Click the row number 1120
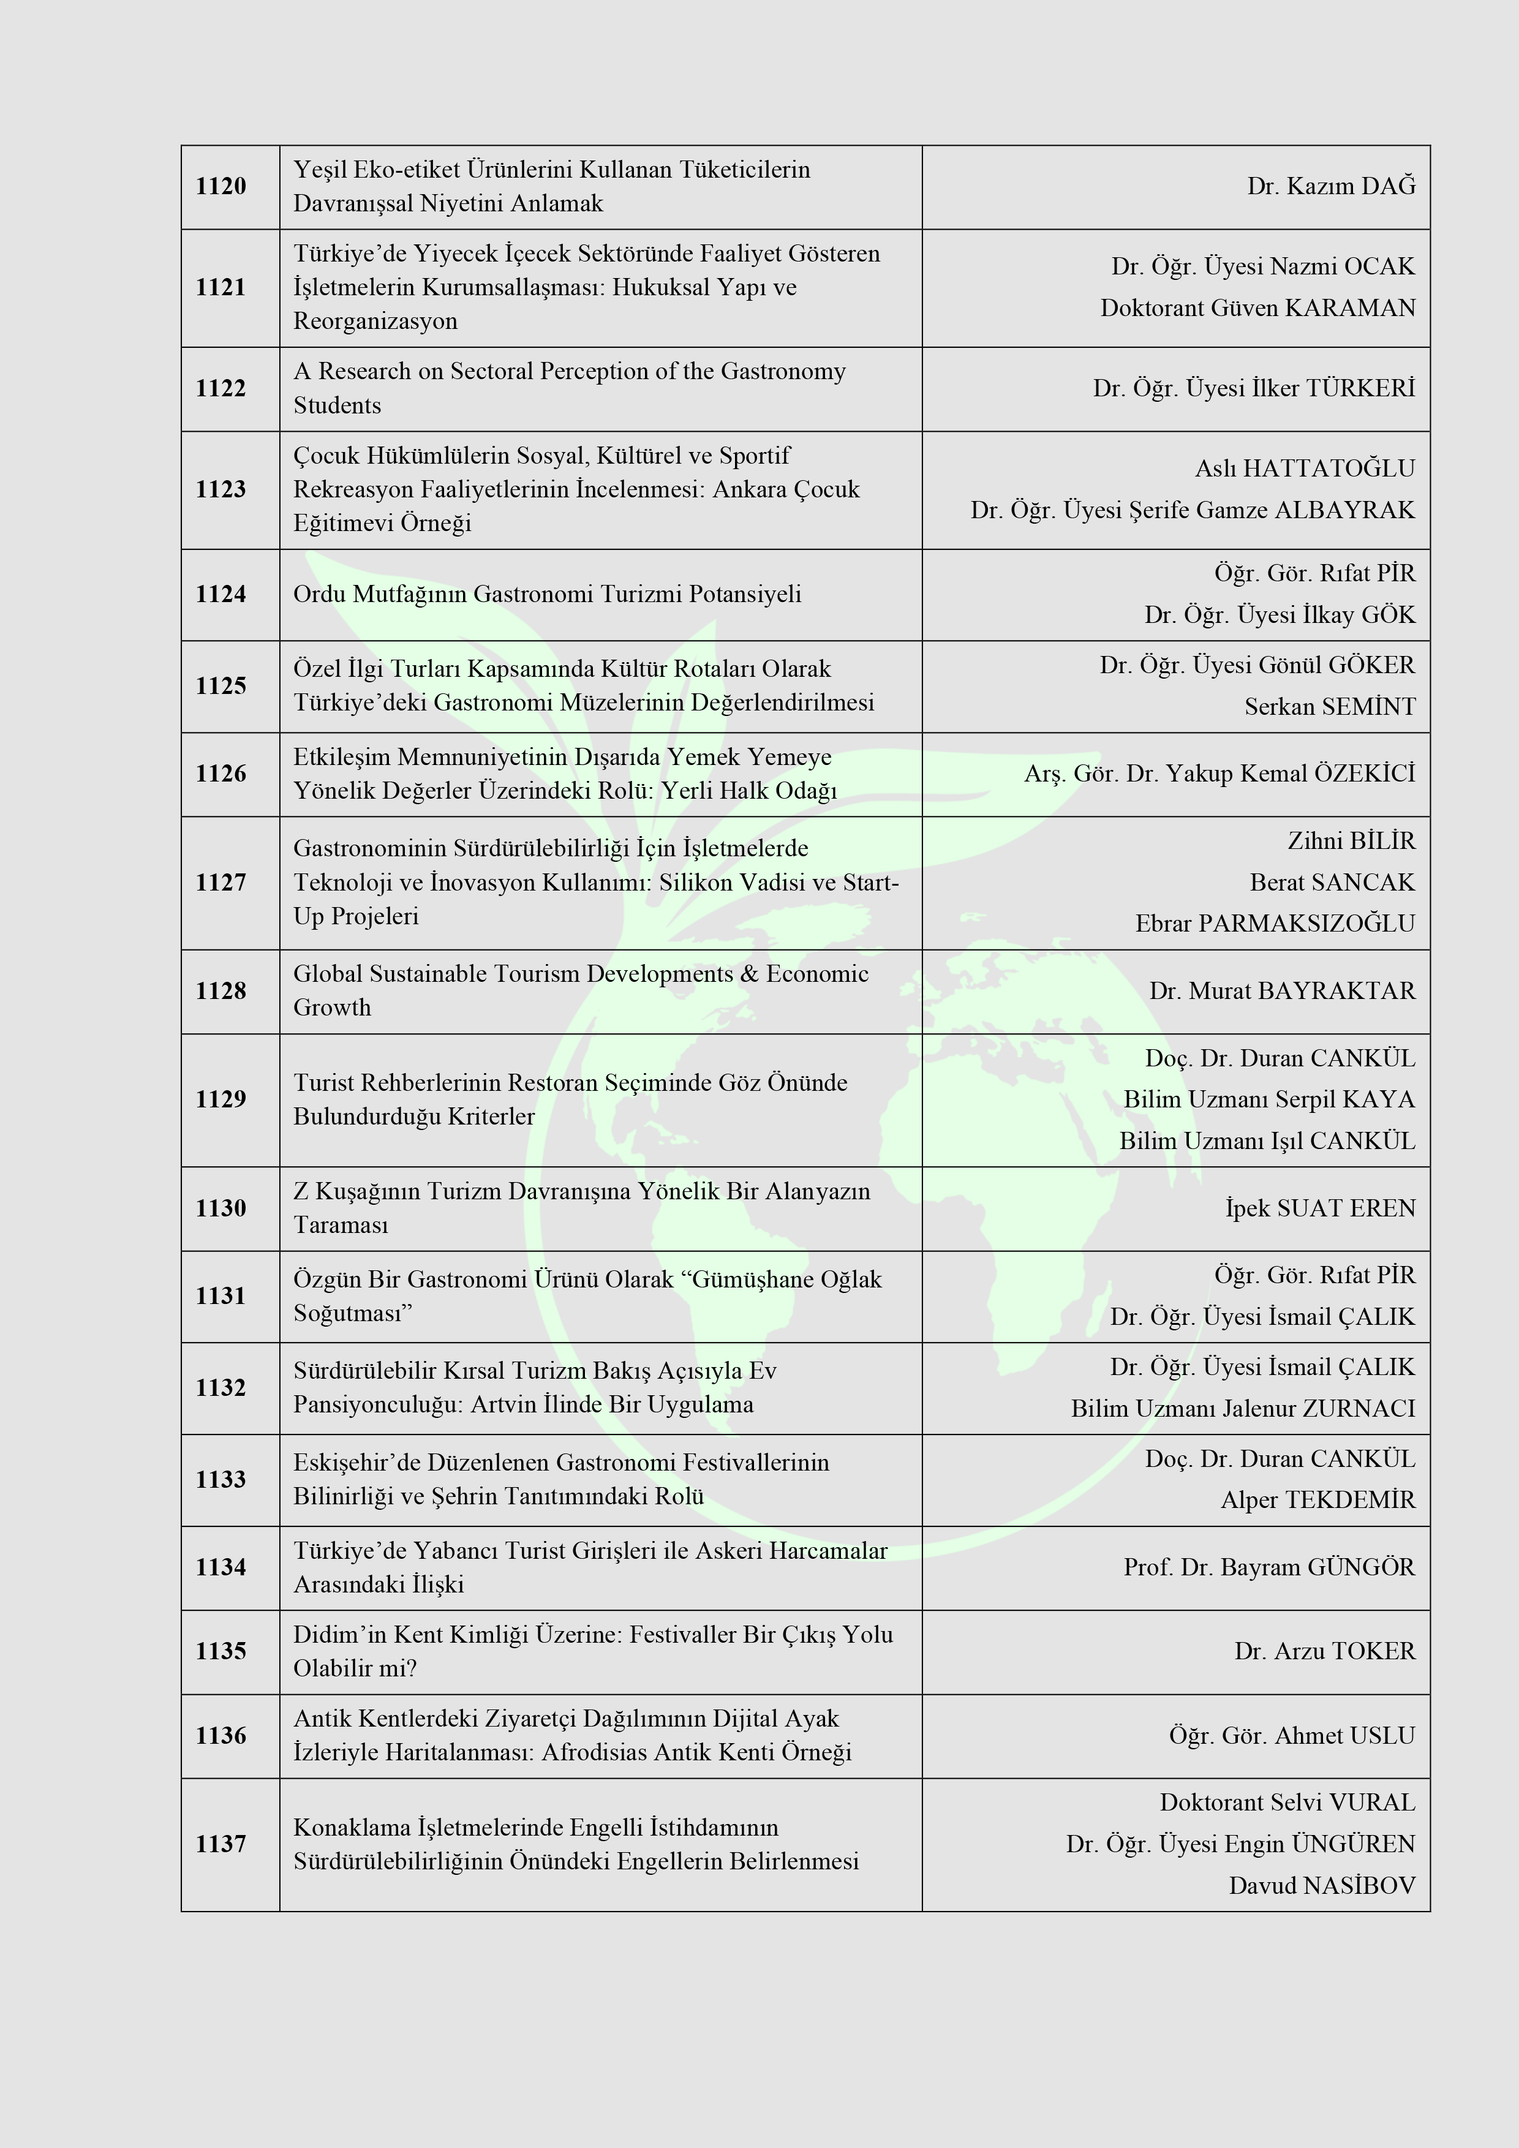(221, 186)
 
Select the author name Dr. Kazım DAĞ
(1330, 186)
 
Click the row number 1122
(221, 388)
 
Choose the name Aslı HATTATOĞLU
(1305, 468)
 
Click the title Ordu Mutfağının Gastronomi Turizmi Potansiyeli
(547, 594)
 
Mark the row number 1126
(221, 774)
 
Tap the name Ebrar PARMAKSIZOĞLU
(1275, 924)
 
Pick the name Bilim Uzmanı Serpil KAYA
(1268, 1099)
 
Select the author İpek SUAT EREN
(1320, 1208)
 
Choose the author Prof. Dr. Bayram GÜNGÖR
(1268, 1567)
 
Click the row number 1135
(221, 1651)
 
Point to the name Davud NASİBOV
(1322, 1885)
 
